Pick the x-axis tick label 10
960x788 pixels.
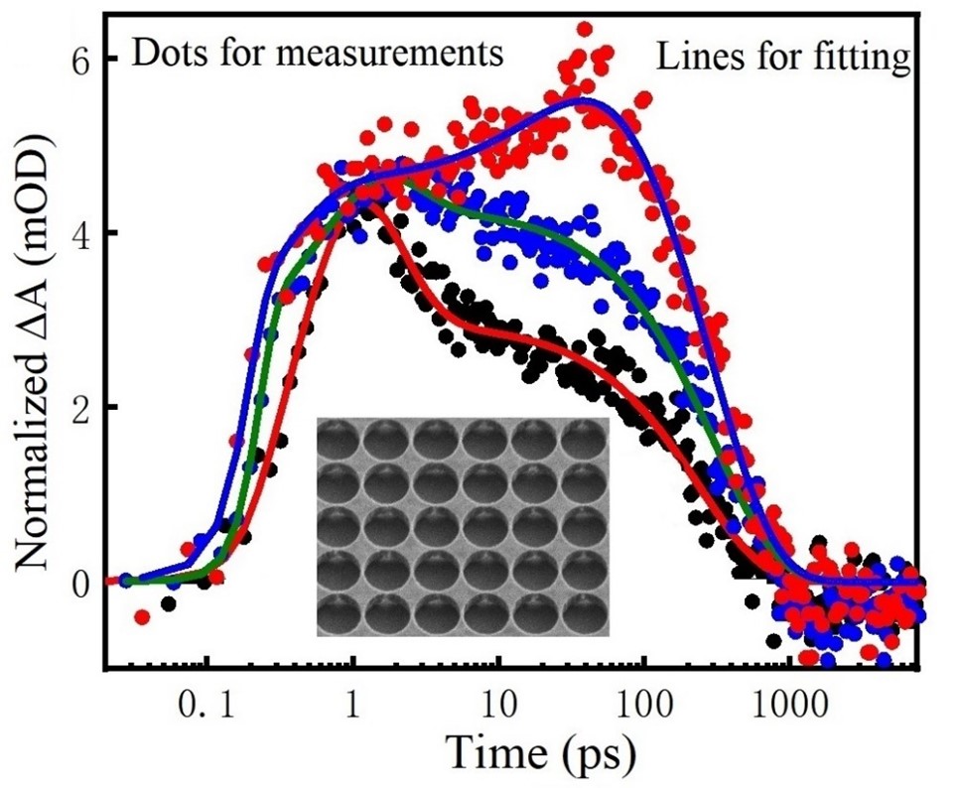click(498, 711)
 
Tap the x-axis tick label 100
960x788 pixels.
click(643, 711)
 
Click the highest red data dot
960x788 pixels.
click(585, 29)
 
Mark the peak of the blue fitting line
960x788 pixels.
click(585, 99)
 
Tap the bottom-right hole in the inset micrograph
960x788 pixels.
click(583, 613)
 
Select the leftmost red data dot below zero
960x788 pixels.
click(142, 617)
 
